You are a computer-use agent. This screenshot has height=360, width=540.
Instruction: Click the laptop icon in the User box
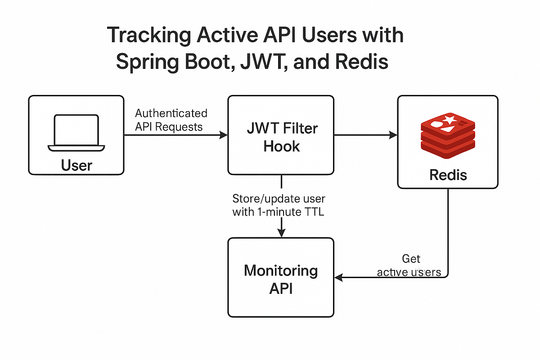click(76, 133)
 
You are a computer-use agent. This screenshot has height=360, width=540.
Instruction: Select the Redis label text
click(448, 174)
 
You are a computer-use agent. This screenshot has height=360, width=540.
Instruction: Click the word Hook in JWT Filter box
click(282, 146)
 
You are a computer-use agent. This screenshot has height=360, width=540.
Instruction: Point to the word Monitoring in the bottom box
click(281, 271)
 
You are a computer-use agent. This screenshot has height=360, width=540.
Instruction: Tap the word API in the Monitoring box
click(281, 288)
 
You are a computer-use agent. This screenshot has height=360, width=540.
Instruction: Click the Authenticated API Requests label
click(171, 120)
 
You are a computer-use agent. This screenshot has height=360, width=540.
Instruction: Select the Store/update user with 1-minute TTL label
click(279, 205)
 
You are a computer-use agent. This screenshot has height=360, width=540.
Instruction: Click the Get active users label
click(409, 265)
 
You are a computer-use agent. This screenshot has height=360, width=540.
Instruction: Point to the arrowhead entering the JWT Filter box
click(224, 135)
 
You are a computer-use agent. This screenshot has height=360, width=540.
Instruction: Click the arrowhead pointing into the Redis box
click(394, 135)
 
